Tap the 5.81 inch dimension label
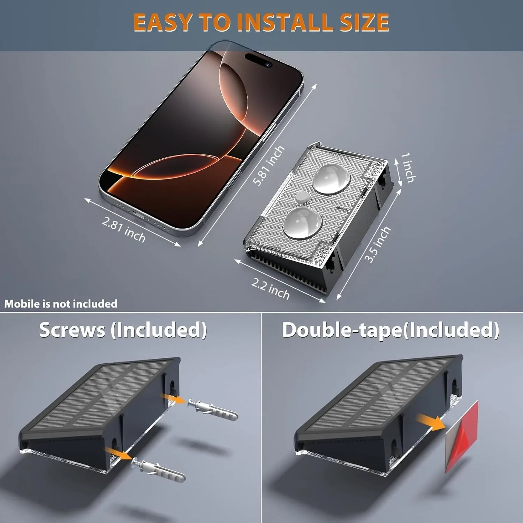pyautogui.click(x=268, y=166)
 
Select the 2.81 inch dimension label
pyautogui.click(x=124, y=229)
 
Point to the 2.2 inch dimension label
pyautogui.click(x=271, y=289)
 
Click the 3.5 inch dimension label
pyautogui.click(x=377, y=244)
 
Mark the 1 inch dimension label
pyautogui.click(x=408, y=167)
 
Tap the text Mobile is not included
pyautogui.click(x=61, y=304)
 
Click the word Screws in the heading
pyautogui.click(x=72, y=330)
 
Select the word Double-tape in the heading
pyautogui.click(x=342, y=330)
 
